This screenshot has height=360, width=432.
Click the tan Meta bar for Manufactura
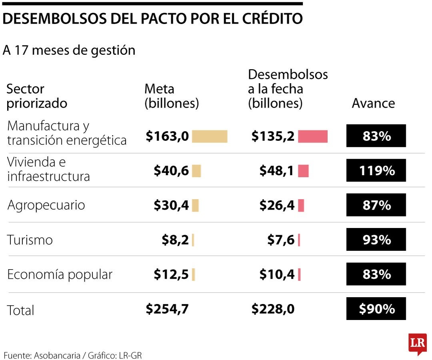[x=209, y=136]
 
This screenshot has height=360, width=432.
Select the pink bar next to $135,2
[x=313, y=136]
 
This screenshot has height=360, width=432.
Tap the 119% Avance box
[x=376, y=171]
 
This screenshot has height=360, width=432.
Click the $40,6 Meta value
[x=171, y=171]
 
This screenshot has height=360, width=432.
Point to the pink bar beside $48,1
[x=303, y=171]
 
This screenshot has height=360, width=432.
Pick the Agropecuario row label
[x=46, y=205]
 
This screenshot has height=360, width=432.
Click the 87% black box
[x=376, y=205]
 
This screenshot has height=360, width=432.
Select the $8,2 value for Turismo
[x=175, y=240]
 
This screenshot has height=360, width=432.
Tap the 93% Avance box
[x=376, y=240]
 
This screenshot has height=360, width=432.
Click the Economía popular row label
[x=60, y=275]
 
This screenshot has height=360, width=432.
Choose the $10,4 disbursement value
[x=277, y=274]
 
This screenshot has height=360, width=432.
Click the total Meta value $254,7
[x=167, y=309]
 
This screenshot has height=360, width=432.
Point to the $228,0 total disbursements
[x=273, y=309]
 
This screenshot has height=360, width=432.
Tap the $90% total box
[x=376, y=309]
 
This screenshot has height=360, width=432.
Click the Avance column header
[x=373, y=103]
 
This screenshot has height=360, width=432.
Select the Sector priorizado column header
[x=37, y=96]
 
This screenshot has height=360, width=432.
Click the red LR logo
[x=417, y=344]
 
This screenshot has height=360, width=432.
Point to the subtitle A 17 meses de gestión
[x=69, y=50]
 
